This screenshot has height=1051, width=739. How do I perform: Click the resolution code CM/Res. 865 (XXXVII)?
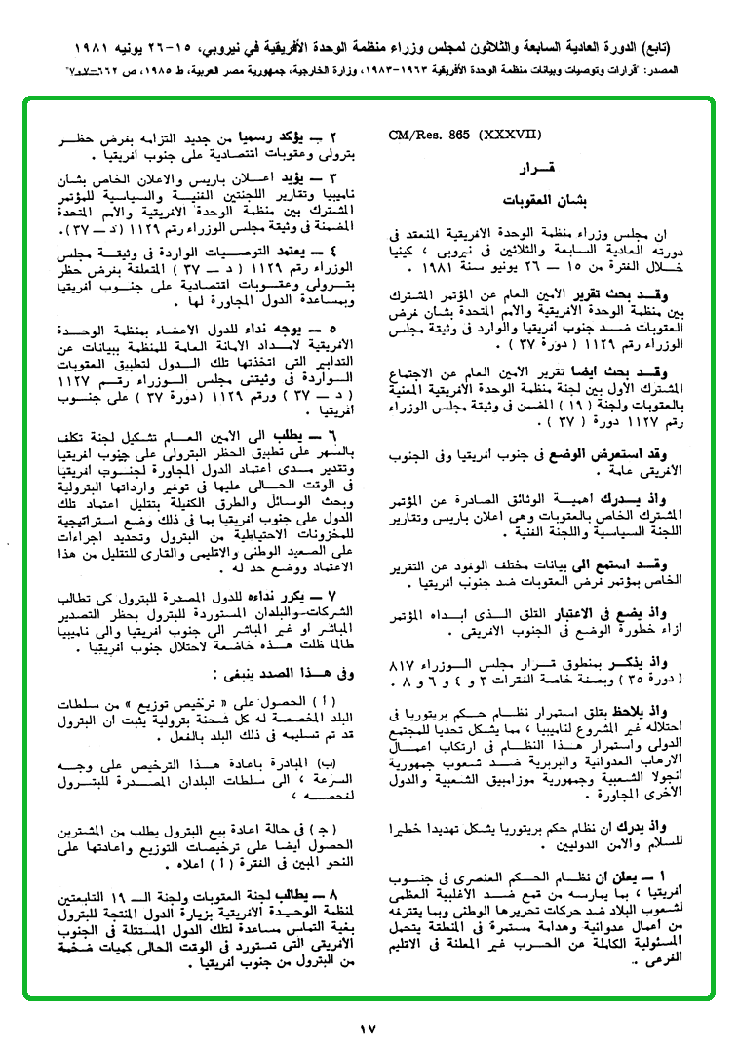pos(457,136)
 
